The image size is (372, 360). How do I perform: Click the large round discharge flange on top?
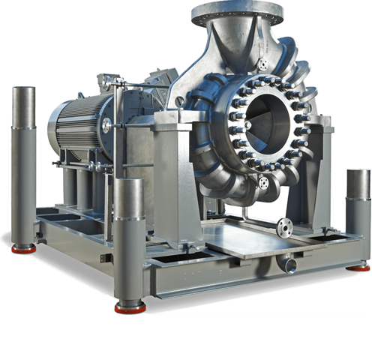pyautogui.click(x=236, y=12)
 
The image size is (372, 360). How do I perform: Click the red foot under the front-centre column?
pyautogui.click(x=129, y=307)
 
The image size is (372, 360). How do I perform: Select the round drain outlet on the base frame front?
pyautogui.click(x=289, y=265)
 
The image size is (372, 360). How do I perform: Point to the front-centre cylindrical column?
pyautogui.click(x=129, y=240)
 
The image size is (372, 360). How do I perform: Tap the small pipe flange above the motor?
pyautogui.click(x=105, y=79)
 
